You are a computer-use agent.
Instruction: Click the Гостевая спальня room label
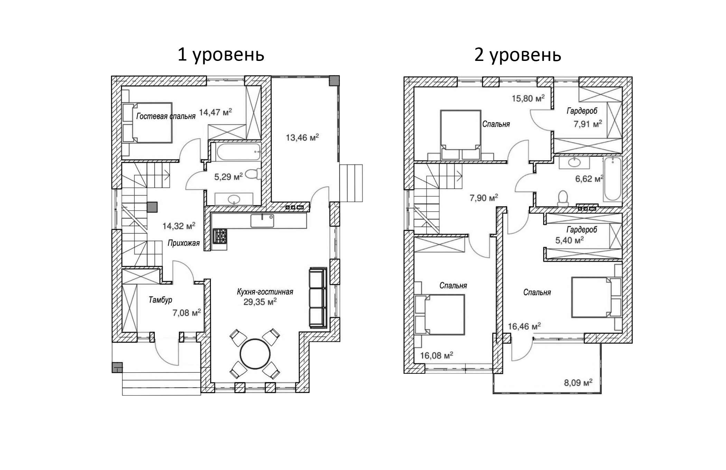click(166, 116)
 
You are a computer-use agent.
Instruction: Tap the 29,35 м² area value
click(260, 302)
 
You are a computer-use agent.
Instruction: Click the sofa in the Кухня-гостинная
click(318, 297)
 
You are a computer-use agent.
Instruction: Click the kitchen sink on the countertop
click(262, 221)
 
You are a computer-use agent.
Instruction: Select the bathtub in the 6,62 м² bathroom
click(612, 179)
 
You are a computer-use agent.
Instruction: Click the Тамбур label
click(160, 300)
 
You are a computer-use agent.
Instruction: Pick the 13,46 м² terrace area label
click(302, 137)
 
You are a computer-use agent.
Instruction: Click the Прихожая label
click(184, 243)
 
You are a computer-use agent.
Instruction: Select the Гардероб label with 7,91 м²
click(582, 111)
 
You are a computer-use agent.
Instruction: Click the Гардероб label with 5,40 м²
click(581, 230)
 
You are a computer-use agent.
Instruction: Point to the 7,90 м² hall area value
click(484, 198)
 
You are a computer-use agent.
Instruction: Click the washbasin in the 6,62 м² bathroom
click(574, 162)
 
